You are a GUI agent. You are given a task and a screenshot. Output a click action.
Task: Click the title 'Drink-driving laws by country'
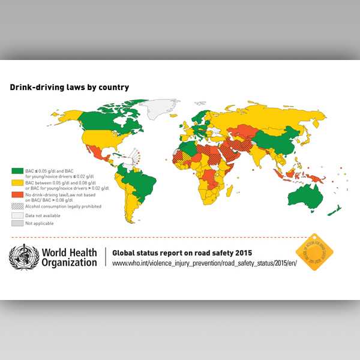point(69,87)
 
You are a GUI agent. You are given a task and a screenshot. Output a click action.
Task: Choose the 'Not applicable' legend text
point(39,223)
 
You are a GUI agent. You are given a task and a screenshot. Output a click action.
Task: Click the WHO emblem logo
point(24,257)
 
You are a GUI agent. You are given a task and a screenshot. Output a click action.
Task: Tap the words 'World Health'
point(68,252)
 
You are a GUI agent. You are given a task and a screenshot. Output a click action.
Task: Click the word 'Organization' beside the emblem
point(69,262)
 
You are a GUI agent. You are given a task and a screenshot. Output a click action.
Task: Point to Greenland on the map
point(161,106)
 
